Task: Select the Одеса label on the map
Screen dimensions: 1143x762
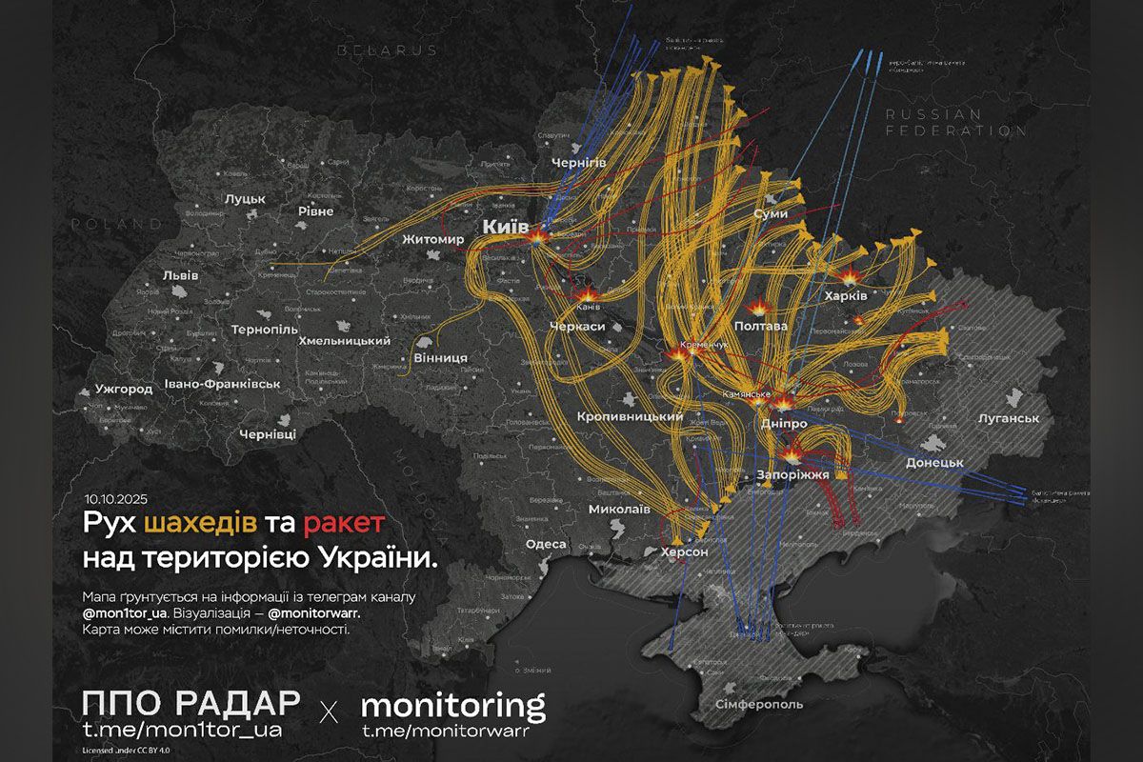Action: tap(546, 544)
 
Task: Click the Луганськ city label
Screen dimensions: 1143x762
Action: tap(1008, 418)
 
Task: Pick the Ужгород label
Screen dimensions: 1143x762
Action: tap(124, 390)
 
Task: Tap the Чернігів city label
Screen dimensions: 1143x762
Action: tap(579, 164)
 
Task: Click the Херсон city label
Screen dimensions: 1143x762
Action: tap(684, 551)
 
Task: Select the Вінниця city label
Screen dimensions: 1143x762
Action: tap(440, 357)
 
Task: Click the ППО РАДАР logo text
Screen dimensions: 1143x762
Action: tap(190, 703)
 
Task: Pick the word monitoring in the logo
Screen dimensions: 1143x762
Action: tap(453, 705)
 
